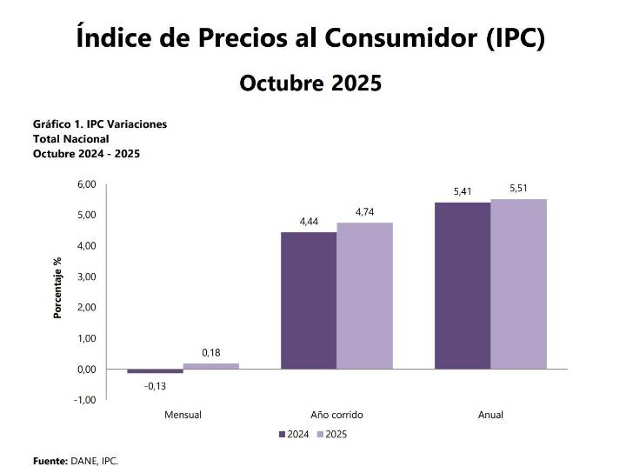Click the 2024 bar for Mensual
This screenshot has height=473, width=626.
(155, 371)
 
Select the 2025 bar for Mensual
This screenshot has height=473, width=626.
(210, 366)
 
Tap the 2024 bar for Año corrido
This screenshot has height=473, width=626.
(309, 300)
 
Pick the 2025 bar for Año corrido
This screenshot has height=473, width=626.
(364, 296)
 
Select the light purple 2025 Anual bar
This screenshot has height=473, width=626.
(518, 283)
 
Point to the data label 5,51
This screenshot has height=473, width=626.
(518, 189)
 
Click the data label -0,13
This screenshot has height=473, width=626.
(155, 385)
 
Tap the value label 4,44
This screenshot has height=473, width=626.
(309, 222)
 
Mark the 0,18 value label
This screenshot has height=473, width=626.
(210, 352)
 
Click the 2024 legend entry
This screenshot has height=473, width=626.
(293, 433)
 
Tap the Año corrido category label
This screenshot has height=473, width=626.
(336, 415)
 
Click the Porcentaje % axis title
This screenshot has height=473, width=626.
(58, 287)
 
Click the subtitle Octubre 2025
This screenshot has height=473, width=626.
(310, 83)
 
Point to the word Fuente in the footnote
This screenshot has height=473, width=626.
(49, 461)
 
